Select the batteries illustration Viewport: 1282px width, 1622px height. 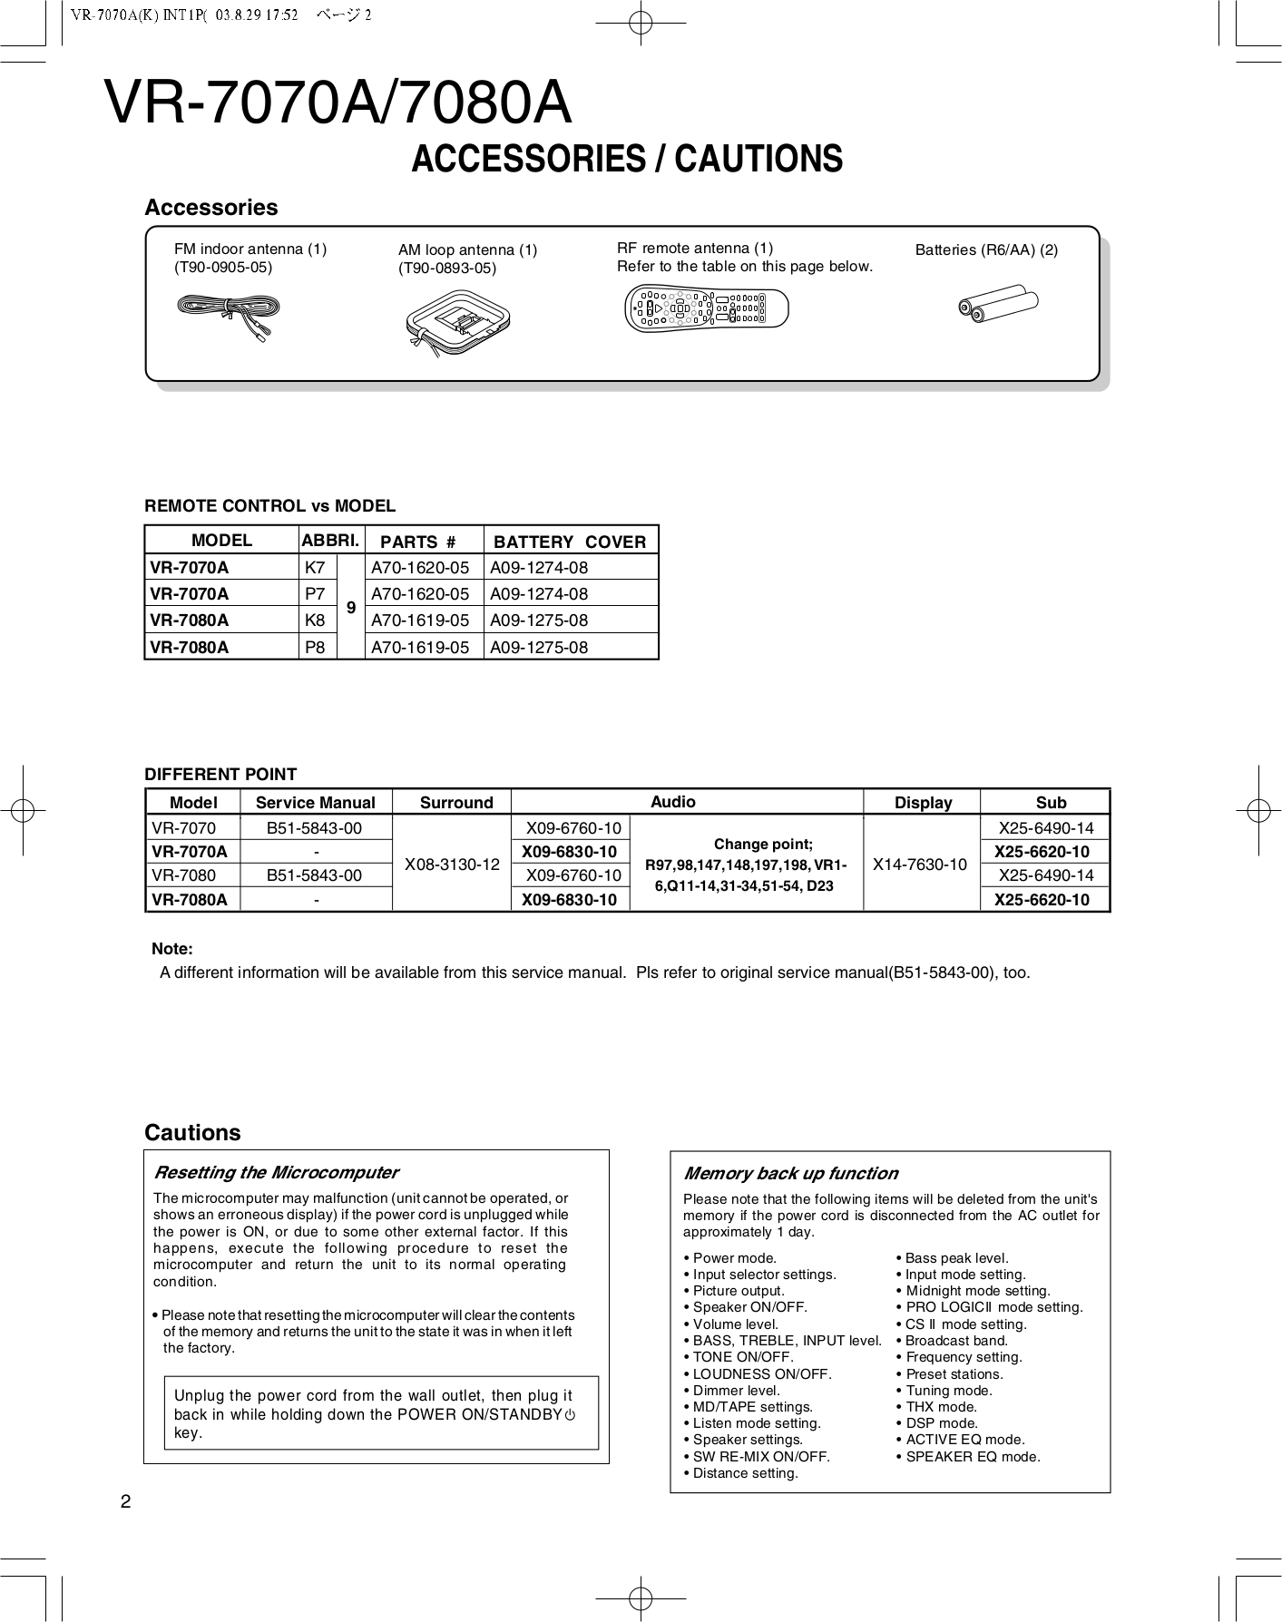tap(998, 306)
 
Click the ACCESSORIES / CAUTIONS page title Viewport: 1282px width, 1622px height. tap(627, 159)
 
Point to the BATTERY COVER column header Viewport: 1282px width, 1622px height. tap(570, 542)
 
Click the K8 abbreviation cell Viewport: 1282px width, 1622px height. tap(315, 620)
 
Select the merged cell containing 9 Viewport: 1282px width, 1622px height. tap(350, 608)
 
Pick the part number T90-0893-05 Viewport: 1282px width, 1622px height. tap(447, 269)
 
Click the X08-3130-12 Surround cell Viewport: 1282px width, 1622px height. tap(452, 864)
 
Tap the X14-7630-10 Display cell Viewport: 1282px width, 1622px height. tap(920, 864)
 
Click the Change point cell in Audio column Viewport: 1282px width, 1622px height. tap(746, 864)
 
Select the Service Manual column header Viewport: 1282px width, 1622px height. tap(315, 802)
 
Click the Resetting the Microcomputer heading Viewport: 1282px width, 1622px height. tap(277, 1172)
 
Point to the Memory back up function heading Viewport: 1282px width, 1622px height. tap(790, 1173)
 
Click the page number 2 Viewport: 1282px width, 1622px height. tap(126, 1501)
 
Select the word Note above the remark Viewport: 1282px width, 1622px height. tap(171, 949)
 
